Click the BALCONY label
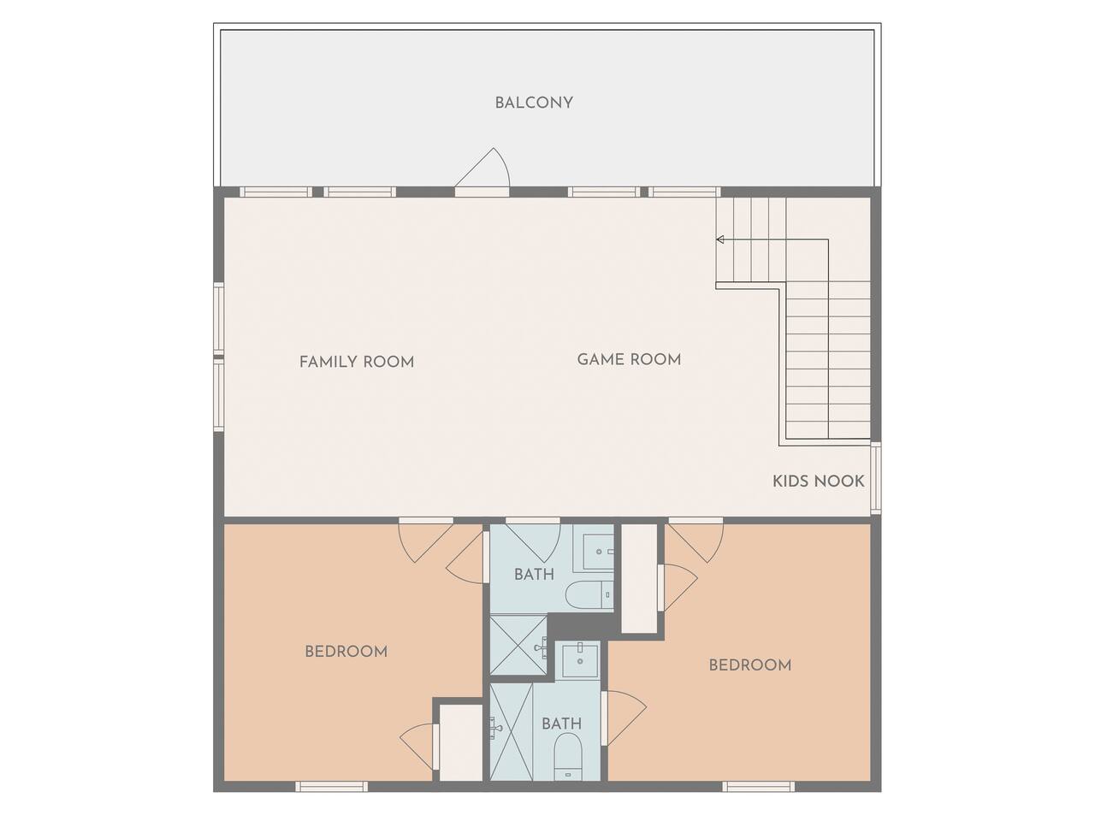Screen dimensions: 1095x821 point(534,103)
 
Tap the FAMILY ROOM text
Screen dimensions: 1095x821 point(357,362)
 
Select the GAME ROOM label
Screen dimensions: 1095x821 point(629,359)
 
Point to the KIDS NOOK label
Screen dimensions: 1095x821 point(819,481)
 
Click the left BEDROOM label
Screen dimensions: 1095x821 point(346,652)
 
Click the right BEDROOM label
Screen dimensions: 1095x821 point(750,665)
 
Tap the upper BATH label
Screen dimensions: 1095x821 point(535,575)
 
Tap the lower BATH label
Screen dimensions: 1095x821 point(562,724)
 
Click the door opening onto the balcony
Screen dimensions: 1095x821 point(482,169)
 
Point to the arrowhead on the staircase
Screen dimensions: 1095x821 point(719,239)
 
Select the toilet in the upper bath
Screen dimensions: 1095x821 point(589,594)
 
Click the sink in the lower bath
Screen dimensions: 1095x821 point(580,659)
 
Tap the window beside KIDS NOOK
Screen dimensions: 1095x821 point(875,477)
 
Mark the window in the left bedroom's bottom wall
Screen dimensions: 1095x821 point(332,787)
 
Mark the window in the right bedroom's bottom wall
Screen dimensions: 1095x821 point(758,787)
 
